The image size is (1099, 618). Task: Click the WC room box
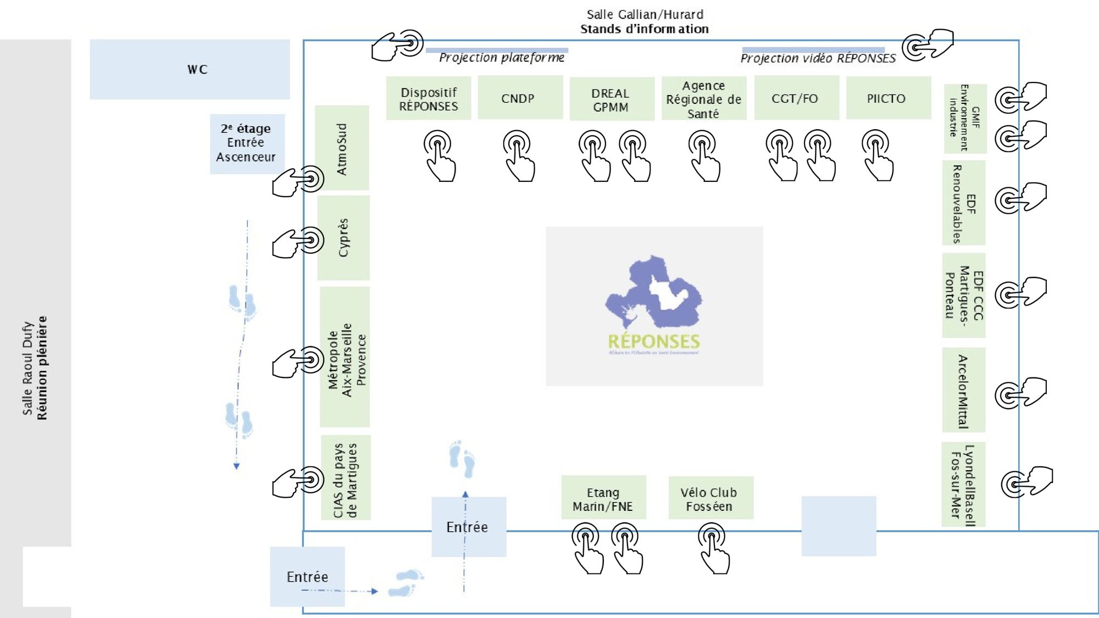(190, 69)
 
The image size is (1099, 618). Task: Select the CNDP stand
(520, 98)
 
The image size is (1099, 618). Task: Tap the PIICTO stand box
(888, 98)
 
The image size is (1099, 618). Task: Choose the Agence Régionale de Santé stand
(703, 99)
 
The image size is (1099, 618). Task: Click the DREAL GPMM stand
(612, 99)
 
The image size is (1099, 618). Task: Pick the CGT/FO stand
(796, 98)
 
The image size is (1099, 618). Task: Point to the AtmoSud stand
(342, 148)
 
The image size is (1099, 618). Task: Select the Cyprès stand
(343, 238)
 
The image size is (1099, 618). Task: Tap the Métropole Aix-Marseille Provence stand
(345, 357)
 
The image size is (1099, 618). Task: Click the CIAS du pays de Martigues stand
(346, 478)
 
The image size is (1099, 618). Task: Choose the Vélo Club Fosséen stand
(711, 498)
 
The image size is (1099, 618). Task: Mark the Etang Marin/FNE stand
(603, 498)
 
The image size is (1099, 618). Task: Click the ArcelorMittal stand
(963, 390)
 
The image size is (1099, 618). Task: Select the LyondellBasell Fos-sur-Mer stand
(963, 485)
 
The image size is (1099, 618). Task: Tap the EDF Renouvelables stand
(963, 203)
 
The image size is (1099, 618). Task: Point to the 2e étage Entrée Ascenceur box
(247, 143)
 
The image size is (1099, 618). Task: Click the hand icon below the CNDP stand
(518, 155)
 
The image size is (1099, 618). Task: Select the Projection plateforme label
(501, 57)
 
